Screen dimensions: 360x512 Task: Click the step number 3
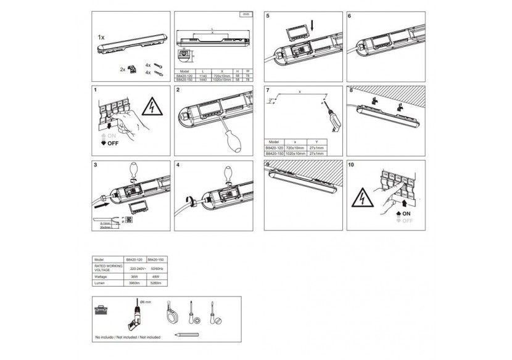tap(95, 165)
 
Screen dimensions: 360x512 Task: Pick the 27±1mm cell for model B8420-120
tap(316, 149)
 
